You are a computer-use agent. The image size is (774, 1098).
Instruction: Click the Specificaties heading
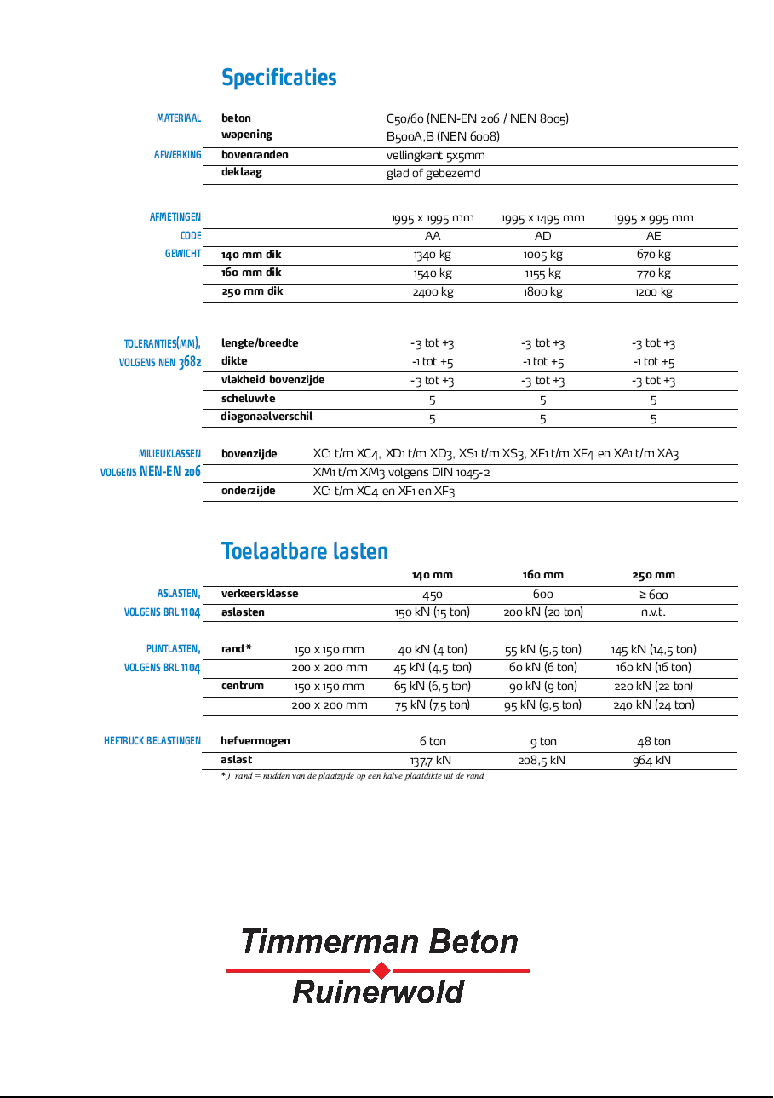click(279, 78)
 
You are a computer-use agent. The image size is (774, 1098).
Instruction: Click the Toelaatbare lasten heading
click(305, 551)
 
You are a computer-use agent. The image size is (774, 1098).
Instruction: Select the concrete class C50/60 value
click(477, 118)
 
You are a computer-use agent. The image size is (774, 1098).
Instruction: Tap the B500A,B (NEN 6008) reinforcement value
click(443, 136)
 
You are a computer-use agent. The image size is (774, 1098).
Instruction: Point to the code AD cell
click(542, 236)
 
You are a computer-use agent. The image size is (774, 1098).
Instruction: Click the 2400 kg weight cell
click(433, 292)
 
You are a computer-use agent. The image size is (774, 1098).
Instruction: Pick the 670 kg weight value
click(653, 255)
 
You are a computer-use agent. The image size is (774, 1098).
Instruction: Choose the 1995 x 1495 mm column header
click(542, 218)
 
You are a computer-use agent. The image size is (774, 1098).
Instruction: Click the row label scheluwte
click(248, 399)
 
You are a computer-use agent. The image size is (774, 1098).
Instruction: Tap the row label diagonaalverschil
click(267, 417)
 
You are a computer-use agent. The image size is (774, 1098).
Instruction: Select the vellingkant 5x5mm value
click(435, 156)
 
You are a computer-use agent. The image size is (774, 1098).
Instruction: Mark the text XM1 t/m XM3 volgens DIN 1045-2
click(401, 473)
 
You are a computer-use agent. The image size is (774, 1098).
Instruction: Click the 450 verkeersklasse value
click(433, 595)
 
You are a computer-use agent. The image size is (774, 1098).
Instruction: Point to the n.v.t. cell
click(653, 612)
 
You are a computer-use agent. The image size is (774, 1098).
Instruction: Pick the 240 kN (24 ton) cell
click(653, 704)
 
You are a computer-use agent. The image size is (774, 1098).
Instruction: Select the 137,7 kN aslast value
click(431, 760)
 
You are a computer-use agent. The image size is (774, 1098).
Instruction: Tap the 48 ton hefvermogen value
click(653, 742)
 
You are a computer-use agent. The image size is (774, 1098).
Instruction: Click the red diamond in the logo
click(381, 970)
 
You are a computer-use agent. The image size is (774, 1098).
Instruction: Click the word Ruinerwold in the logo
click(378, 992)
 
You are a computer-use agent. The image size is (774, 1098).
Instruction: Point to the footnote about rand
click(353, 776)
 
